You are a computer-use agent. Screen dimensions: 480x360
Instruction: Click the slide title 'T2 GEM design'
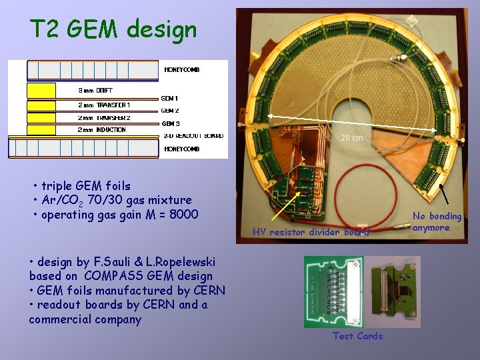(113, 29)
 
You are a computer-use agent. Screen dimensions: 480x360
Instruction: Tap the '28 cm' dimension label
(352, 138)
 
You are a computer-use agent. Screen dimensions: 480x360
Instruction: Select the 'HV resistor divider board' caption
(311, 232)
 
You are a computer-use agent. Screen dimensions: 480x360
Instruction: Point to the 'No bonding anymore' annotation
(437, 222)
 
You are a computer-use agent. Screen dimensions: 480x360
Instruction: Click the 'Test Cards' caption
(358, 336)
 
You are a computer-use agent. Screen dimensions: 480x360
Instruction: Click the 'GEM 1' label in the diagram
(170, 99)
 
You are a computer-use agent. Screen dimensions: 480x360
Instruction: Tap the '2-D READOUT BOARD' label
(194, 135)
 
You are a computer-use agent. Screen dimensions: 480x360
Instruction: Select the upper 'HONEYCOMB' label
(181, 69)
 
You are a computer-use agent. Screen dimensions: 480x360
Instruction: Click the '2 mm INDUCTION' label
(101, 129)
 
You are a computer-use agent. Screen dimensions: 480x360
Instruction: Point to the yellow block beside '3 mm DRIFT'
(41, 90)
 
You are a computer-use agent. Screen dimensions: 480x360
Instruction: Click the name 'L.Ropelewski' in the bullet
(183, 261)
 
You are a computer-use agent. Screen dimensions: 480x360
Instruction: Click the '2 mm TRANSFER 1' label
(104, 105)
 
